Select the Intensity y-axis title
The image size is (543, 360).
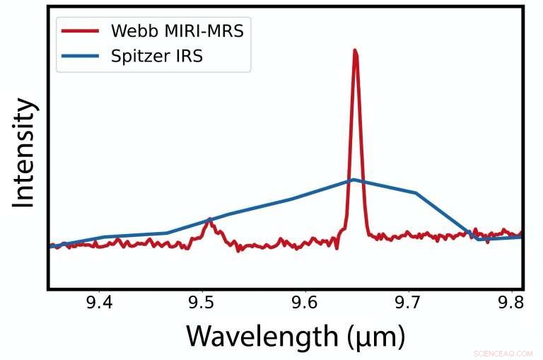pyautogui.click(x=24, y=153)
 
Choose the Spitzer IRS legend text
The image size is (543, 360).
pyautogui.click(x=157, y=57)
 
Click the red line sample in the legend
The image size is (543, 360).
pyautogui.click(x=82, y=31)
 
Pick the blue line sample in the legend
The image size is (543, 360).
pyautogui.click(x=82, y=57)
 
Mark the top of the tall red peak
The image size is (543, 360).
pyautogui.click(x=355, y=51)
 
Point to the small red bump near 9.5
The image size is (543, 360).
pyautogui.click(x=209, y=221)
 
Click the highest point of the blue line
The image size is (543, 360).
pyautogui.click(x=353, y=180)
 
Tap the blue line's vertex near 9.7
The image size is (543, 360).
pyautogui.click(x=416, y=192)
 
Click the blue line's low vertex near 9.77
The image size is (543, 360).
pyautogui.click(x=479, y=239)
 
